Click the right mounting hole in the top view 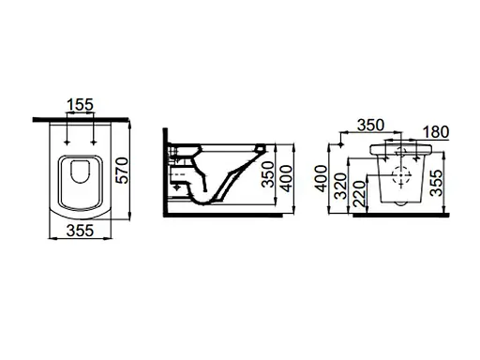pos(96,141)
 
